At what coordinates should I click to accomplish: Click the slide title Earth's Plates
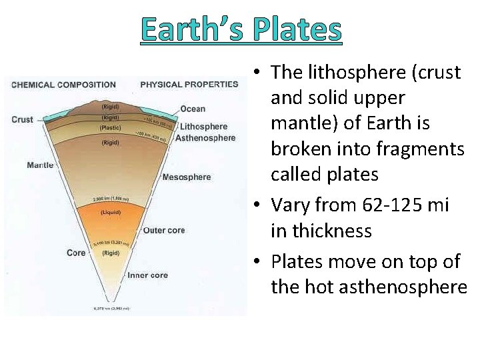[241, 29]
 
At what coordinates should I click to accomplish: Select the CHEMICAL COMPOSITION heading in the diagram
[63, 85]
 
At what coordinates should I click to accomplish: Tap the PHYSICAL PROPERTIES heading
[189, 84]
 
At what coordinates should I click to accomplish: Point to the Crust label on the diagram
[22, 119]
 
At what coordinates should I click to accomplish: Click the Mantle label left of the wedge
[40, 165]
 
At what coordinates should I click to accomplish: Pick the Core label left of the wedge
[76, 253]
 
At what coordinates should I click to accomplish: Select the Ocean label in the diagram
[193, 109]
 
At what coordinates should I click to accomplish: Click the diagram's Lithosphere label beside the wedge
[204, 127]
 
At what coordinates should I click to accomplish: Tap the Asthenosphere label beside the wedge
[205, 138]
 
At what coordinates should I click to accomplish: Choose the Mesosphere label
[186, 177]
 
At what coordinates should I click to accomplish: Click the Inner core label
[147, 275]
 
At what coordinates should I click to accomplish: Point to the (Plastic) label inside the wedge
[110, 127]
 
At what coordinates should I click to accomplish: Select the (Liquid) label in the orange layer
[110, 213]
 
